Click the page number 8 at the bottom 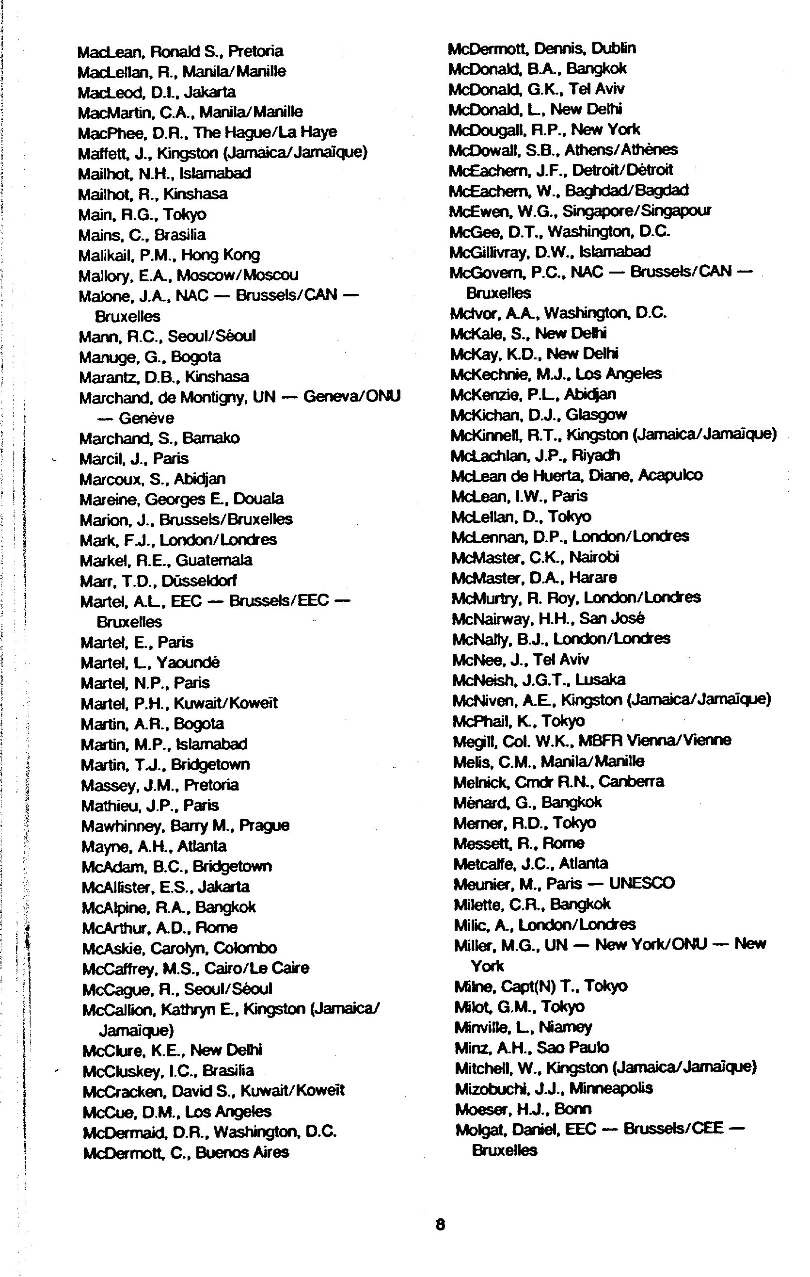pos(440,1224)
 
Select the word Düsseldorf pos(199,580)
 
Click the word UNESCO pos(641,883)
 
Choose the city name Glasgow pos(596,414)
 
